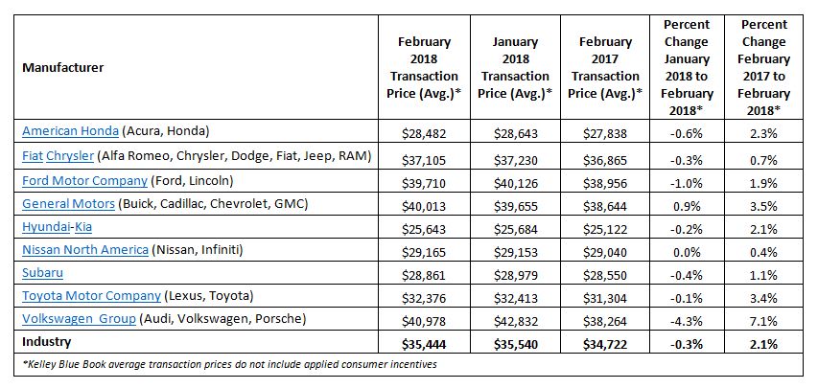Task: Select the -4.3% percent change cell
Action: click(687, 319)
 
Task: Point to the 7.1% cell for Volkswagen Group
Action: click(763, 319)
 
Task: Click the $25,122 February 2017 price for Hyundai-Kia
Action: click(606, 226)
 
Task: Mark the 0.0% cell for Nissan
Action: click(687, 249)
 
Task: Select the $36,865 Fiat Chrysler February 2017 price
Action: click(606, 155)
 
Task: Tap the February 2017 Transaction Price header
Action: click(605, 68)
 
